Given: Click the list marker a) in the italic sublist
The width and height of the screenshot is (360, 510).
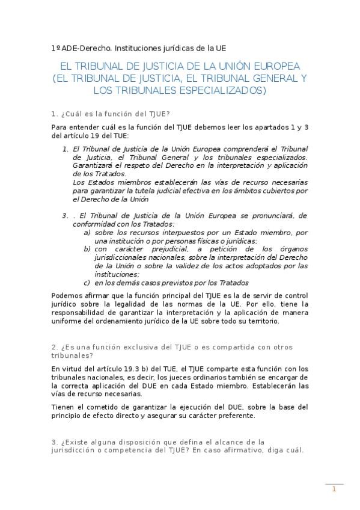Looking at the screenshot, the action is [88, 232].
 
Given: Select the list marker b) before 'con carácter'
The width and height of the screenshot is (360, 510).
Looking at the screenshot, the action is [88, 249].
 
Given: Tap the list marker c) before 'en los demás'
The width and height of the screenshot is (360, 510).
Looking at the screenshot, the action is [88, 283].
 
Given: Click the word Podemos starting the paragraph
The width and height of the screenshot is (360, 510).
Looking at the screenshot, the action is [68, 295].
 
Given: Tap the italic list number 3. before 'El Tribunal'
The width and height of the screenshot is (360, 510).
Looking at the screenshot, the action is [65, 215].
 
